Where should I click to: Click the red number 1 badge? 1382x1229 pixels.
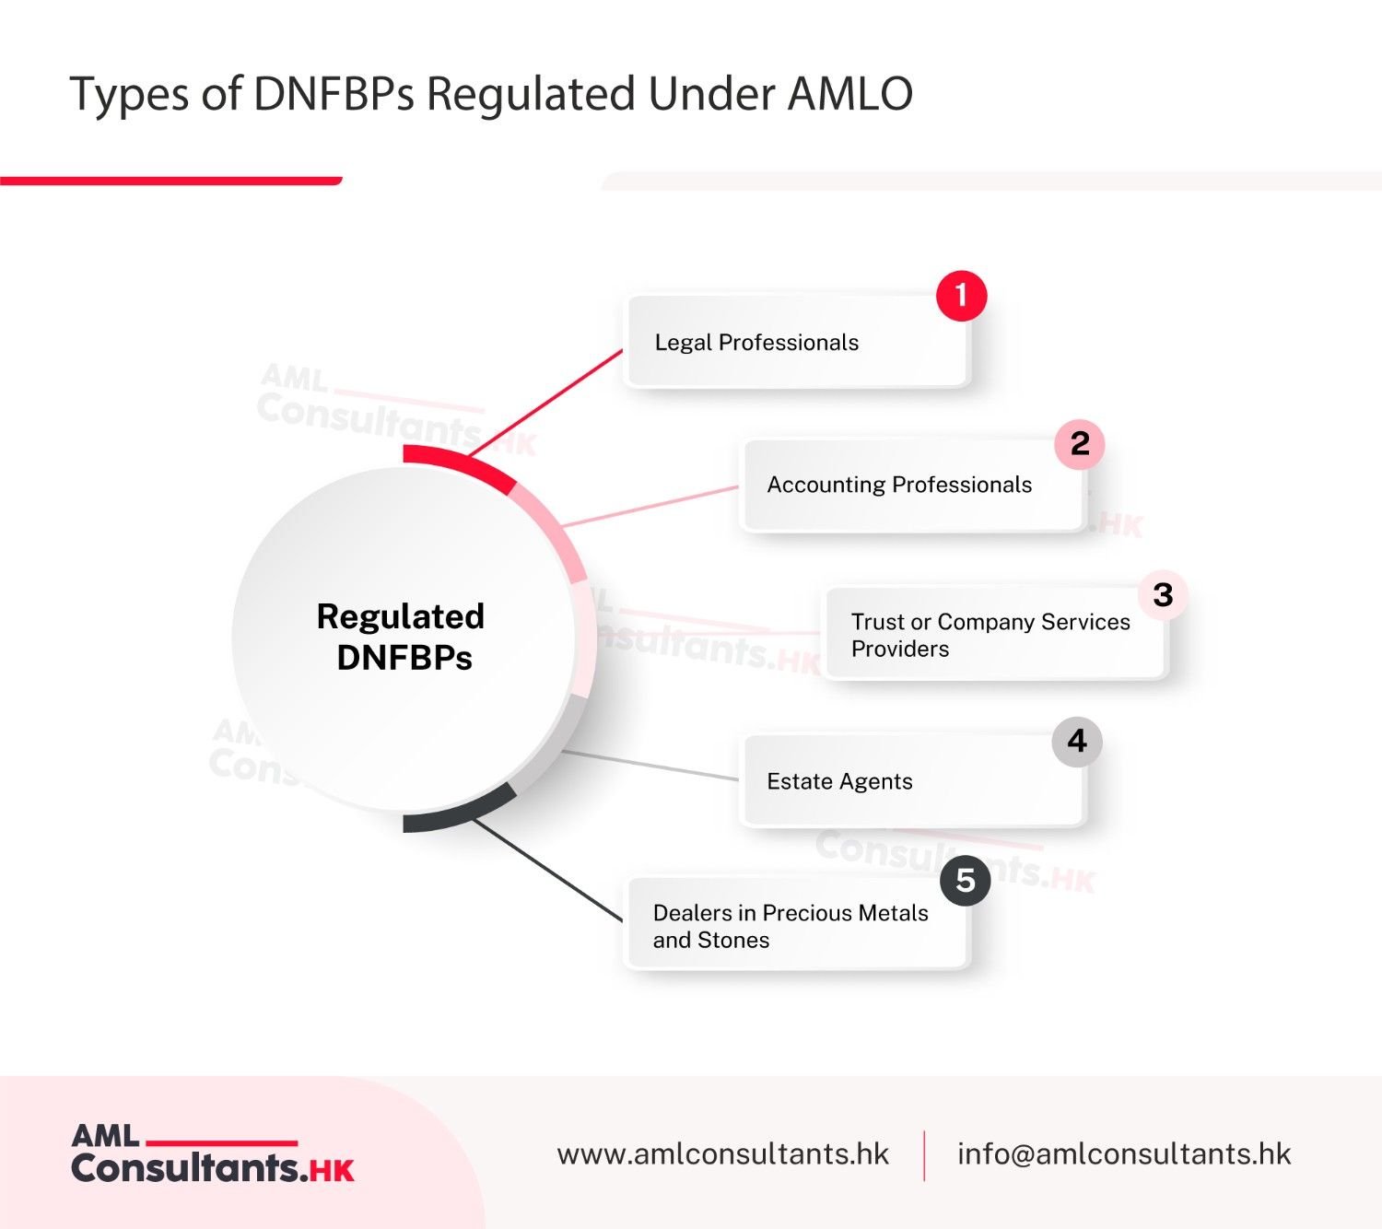(961, 296)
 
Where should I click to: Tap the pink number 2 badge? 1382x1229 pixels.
(1080, 444)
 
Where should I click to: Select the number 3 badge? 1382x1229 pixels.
(1163, 595)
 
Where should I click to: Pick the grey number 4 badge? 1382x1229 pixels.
(1077, 742)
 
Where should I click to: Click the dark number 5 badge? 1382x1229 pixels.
(965, 881)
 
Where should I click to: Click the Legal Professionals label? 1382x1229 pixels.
(756, 343)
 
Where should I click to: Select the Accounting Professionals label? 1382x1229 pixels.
(899, 485)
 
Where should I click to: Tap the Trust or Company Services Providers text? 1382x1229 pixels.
(990, 635)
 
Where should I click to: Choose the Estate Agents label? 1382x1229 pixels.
(839, 781)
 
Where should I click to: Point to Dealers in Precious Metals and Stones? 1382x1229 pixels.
(790, 926)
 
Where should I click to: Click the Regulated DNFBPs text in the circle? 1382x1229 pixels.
(402, 637)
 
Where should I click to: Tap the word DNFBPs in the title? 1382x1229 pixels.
(334, 94)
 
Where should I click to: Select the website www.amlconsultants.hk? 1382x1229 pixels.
(722, 1154)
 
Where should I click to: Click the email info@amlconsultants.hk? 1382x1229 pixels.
(1124, 1154)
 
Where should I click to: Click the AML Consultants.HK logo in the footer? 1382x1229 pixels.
(212, 1153)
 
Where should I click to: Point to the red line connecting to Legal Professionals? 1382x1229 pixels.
(546, 403)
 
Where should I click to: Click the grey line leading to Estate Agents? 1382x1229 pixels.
(650, 766)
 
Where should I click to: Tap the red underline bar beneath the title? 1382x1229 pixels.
(170, 181)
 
